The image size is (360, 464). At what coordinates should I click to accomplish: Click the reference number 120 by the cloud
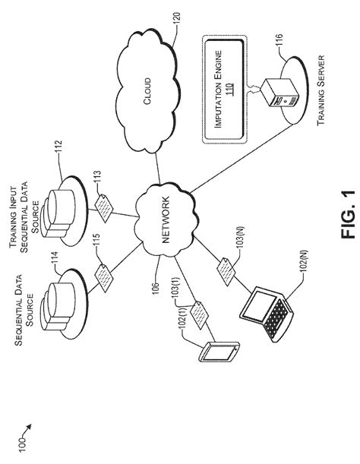pos(176,20)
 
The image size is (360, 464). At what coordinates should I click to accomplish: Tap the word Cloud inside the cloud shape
pos(147,91)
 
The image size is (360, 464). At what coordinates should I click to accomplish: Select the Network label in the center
pos(166,219)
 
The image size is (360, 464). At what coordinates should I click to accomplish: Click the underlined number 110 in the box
pos(229,89)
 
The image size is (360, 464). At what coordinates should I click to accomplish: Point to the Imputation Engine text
pos(218,89)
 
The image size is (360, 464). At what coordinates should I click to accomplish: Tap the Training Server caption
pos(321,90)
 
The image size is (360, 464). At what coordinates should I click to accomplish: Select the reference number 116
pos(279,41)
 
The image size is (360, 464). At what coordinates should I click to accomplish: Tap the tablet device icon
pos(219,352)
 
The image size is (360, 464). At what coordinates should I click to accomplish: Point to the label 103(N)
pos(242,238)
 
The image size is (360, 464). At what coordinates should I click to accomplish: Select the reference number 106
pos(156,289)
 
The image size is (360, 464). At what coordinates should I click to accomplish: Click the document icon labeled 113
pos(104,208)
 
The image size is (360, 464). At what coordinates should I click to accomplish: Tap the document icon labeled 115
pos(104,279)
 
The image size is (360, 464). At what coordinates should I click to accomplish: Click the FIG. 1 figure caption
pos(348,214)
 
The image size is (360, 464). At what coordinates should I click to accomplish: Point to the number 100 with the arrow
pos(23,443)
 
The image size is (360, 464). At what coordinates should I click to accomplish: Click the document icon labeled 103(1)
pos(199,314)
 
